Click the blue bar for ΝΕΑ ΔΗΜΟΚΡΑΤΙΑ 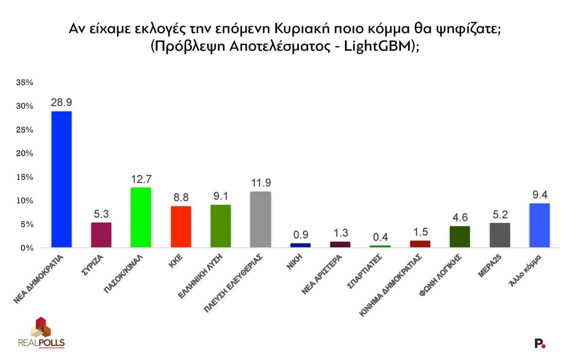(x=62, y=179)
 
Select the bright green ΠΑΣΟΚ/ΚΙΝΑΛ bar (x=141, y=217)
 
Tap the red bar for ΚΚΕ (x=181, y=227)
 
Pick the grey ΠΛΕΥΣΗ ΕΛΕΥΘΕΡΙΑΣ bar (x=261, y=219)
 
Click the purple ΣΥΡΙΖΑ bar (x=101, y=235)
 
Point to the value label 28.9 (x=62, y=102)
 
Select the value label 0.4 (x=380, y=236)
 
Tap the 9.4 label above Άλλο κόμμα (x=539, y=195)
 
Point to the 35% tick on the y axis (x=26, y=82)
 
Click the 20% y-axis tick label (x=26, y=154)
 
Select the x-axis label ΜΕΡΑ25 (x=490, y=266)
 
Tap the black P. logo (x=539, y=343)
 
